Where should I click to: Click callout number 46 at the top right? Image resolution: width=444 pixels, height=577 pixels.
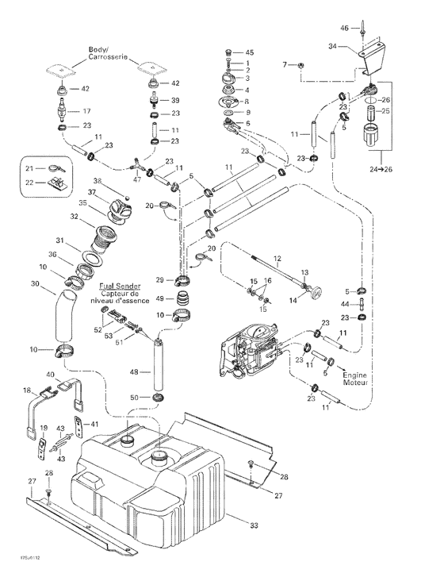click(344, 28)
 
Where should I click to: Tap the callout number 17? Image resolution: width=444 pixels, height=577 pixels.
click(86, 111)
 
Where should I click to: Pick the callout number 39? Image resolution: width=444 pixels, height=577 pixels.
click(176, 101)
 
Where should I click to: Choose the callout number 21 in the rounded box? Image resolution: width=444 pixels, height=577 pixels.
click(29, 168)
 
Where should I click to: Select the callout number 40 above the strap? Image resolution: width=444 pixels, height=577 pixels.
click(51, 375)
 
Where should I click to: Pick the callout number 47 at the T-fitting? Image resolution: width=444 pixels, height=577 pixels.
click(138, 181)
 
